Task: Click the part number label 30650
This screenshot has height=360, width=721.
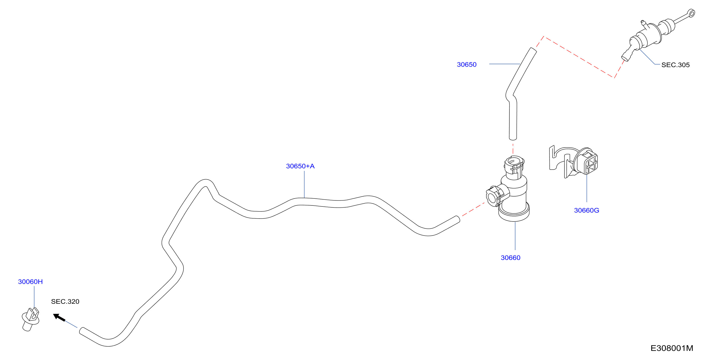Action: (x=467, y=65)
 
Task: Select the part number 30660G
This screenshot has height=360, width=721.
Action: (x=586, y=210)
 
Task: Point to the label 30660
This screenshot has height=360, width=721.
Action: (x=510, y=258)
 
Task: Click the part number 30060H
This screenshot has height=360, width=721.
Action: (x=30, y=282)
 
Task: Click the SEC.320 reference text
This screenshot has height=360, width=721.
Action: (x=65, y=302)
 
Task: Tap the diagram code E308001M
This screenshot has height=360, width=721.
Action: (x=671, y=348)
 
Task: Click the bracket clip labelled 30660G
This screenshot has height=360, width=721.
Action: (x=573, y=162)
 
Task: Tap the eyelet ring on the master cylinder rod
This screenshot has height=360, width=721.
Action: (x=691, y=13)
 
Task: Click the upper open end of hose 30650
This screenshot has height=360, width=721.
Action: (x=533, y=50)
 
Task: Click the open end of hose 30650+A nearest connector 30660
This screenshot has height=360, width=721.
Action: (x=458, y=219)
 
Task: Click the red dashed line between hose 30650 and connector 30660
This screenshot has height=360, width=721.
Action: (x=513, y=148)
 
